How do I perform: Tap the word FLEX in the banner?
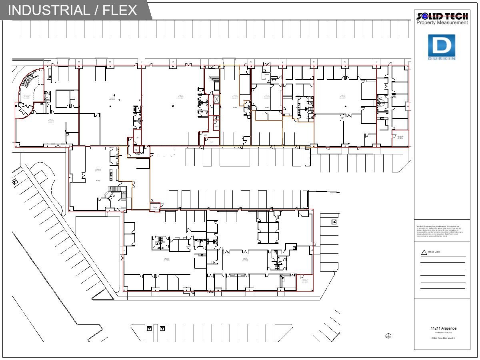coord(120,10)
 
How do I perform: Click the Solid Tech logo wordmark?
coord(442,16)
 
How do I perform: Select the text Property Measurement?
coord(442,23)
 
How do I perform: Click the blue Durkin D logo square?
coord(442,45)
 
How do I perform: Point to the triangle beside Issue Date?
coord(424,252)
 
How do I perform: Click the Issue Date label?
coord(434,252)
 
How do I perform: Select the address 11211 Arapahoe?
coord(443,328)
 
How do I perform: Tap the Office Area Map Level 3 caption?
coord(443,338)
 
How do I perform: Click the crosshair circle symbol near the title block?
coord(388,336)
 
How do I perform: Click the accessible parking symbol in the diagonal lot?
coord(15,182)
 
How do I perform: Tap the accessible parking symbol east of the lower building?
coord(334,222)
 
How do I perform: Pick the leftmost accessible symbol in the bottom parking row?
coord(149,328)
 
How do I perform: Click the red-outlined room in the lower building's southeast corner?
coord(305,282)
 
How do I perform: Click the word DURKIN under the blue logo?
coord(442,59)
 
